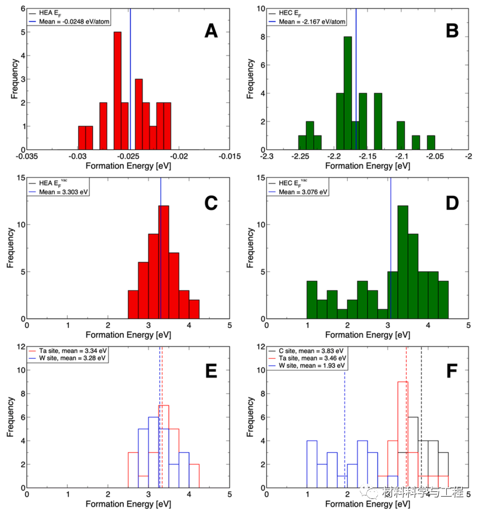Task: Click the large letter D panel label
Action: pyautogui.click(x=452, y=203)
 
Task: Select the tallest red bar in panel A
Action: pyautogui.click(x=117, y=91)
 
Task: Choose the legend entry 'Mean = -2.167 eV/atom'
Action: pyautogui.click(x=311, y=22)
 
